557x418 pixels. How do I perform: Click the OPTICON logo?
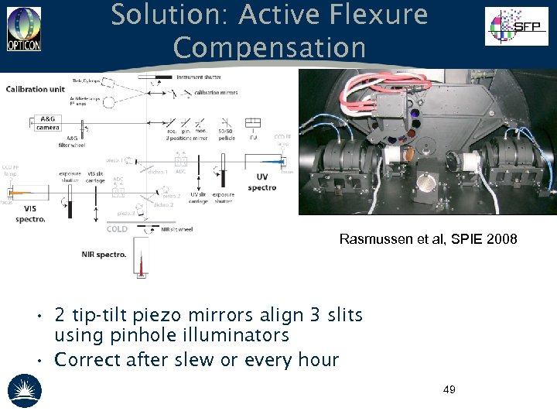click(24, 29)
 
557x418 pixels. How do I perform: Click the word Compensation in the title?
click(269, 48)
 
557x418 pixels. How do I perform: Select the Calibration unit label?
click(36, 89)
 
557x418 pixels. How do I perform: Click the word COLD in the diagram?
click(118, 229)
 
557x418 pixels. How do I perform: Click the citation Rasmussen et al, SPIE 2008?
click(428, 240)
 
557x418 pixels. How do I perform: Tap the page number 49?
click(449, 389)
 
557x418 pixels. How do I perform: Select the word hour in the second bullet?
click(316, 360)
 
